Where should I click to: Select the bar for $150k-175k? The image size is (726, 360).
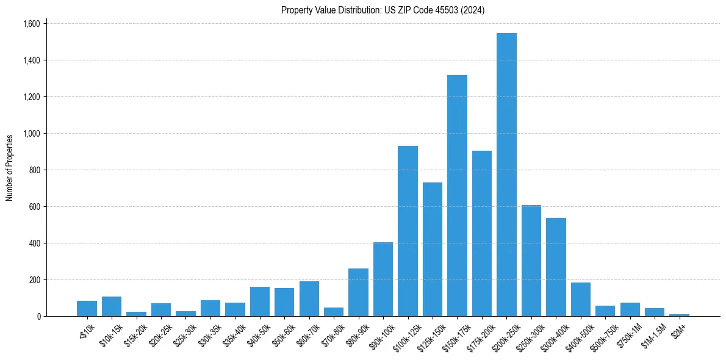[457, 195]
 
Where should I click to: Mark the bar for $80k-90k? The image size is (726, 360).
[358, 292]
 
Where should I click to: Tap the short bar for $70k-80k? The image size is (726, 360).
[334, 312]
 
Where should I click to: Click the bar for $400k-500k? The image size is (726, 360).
[581, 299]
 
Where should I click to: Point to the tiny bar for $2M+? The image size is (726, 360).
[680, 315]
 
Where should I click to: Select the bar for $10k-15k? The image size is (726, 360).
[112, 306]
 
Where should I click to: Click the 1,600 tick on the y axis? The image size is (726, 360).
[31, 24]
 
